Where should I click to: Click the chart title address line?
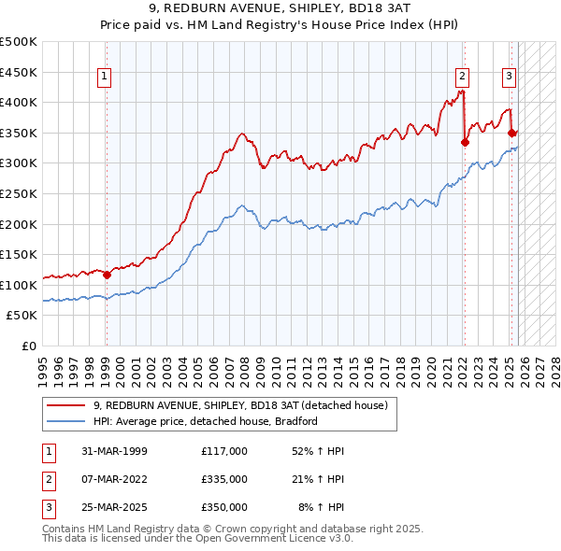point(280,10)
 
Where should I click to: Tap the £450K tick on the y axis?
point(19,72)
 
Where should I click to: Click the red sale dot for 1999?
point(107,275)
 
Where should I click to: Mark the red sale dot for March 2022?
point(465,142)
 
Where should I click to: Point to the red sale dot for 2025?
point(512,134)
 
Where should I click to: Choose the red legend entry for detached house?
point(246,405)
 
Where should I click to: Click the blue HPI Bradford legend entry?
point(206,421)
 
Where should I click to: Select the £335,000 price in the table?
point(223,479)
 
